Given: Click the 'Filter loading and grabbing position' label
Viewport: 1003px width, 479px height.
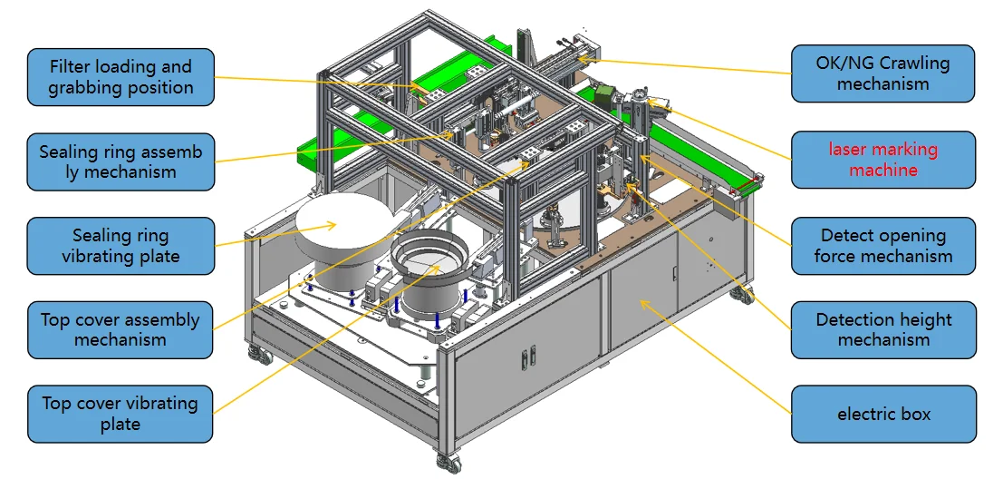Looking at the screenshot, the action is (121, 77).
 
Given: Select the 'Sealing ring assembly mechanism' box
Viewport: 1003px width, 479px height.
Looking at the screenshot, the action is (121, 161).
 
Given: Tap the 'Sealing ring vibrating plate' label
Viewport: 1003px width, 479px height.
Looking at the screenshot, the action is (121, 246).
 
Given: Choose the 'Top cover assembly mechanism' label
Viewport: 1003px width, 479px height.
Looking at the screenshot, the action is (121, 330).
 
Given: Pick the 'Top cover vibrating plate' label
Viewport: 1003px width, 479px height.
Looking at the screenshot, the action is (121, 414).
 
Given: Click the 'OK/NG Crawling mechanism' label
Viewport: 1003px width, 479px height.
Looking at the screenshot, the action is (882, 73).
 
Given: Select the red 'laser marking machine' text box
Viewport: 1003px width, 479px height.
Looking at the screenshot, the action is (883, 160).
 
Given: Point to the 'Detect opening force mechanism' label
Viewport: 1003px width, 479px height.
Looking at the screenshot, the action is (883, 246).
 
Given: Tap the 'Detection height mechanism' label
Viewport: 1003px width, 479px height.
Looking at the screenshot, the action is (883, 330).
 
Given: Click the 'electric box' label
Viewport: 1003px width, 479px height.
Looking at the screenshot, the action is (883, 414).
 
